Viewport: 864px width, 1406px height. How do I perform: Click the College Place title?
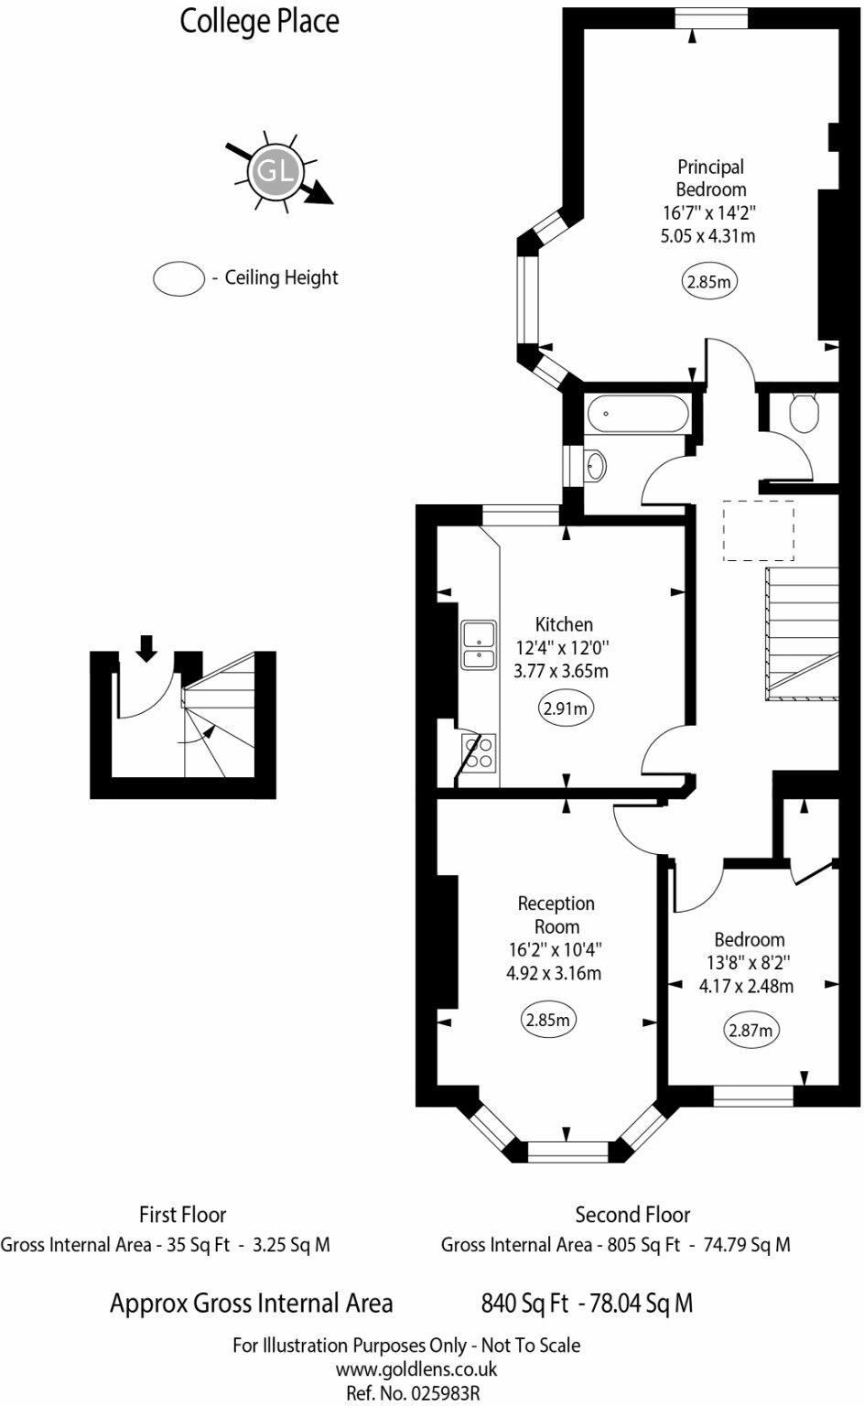click(259, 21)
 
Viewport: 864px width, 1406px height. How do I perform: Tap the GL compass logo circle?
click(275, 171)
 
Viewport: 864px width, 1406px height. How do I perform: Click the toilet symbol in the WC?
click(805, 413)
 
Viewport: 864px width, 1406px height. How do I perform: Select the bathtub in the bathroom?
click(638, 415)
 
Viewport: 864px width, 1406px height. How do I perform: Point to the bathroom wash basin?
click(594, 465)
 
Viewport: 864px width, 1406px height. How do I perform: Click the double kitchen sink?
click(479, 645)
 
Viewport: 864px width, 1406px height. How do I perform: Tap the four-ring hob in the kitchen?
click(479, 752)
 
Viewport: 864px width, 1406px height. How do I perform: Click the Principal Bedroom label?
click(710, 178)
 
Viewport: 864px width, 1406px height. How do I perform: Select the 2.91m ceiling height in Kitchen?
click(565, 708)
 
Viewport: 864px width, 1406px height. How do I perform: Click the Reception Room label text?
click(556, 914)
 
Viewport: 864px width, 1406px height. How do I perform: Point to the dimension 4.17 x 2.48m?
click(746, 986)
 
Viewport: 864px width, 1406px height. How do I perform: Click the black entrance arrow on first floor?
click(146, 647)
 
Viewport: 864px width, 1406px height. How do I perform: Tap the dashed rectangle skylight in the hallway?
click(759, 530)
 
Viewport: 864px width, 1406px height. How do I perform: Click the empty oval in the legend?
click(178, 278)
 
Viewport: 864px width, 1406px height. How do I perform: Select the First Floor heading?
click(182, 1215)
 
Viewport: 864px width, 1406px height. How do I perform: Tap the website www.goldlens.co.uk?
click(416, 1369)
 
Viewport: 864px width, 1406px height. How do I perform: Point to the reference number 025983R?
click(413, 1393)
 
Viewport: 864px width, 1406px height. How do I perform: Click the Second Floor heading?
click(632, 1215)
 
